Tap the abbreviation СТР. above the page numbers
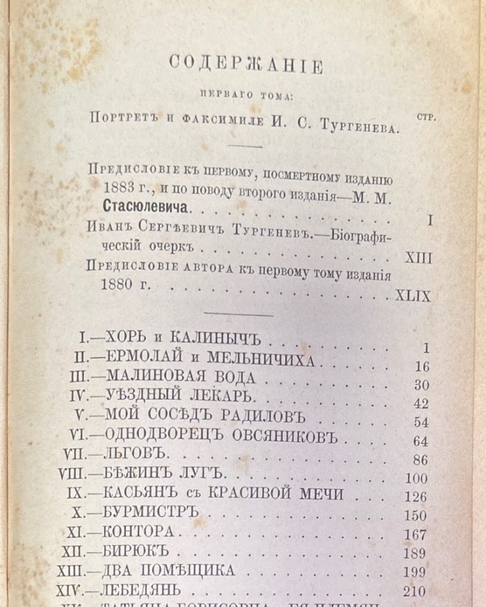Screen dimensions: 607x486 click(427, 117)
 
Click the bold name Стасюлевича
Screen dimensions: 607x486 click(145, 208)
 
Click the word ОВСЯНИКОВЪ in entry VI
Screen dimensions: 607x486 click(276, 436)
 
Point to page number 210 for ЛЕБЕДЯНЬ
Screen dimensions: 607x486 click(415, 591)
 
